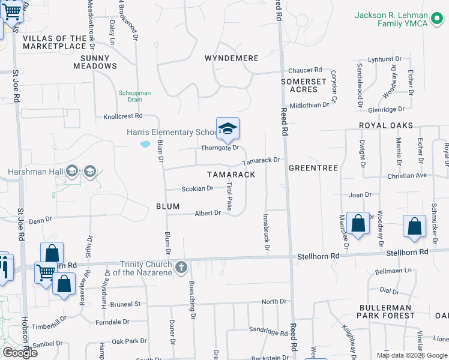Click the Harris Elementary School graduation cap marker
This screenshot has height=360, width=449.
pyautogui.click(x=228, y=128)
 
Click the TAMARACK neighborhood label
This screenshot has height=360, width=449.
pyautogui.click(x=231, y=174)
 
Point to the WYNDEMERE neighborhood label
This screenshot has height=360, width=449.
pyautogui.click(x=231, y=58)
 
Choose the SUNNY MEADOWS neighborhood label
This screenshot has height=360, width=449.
pyautogui.click(x=95, y=62)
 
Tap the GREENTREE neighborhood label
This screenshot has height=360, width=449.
pyautogui.click(x=313, y=168)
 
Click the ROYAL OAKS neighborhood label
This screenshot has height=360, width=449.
pyautogui.click(x=386, y=125)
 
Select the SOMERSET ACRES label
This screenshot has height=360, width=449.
pyautogui.click(x=304, y=85)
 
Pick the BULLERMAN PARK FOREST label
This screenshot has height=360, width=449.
pyautogui.click(x=385, y=311)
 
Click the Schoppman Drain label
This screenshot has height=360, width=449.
pyautogui.click(x=134, y=96)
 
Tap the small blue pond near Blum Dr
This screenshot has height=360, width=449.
pyautogui.click(x=145, y=144)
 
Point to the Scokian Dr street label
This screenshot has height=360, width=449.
pyautogui.click(x=197, y=188)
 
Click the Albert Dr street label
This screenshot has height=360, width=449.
pyautogui.click(x=208, y=213)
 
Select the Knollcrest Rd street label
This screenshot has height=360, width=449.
pyautogui.click(x=122, y=116)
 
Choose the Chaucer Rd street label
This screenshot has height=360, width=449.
pyautogui.click(x=305, y=70)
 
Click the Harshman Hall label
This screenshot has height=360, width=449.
pyautogui.click(x=35, y=172)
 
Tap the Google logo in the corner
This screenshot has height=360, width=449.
pyautogui.click(x=20, y=352)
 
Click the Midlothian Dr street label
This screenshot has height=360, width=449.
pyautogui.click(x=310, y=104)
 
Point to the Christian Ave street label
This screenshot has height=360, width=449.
pyautogui.click(x=407, y=176)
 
